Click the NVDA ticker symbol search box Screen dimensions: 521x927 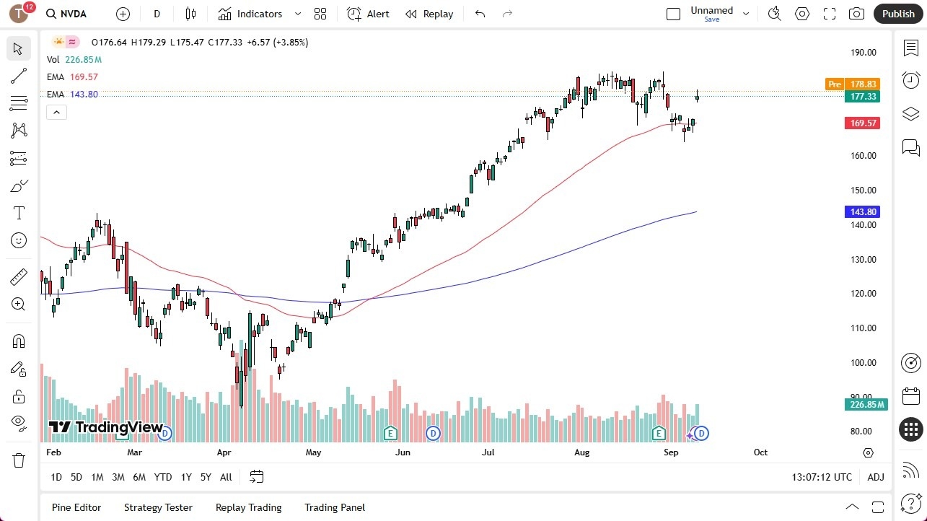(x=73, y=14)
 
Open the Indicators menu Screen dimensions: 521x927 (x=250, y=14)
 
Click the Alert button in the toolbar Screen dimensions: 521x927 (x=368, y=14)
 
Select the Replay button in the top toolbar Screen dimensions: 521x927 (x=429, y=14)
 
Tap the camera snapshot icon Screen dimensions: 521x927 (x=856, y=14)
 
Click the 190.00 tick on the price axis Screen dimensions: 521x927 (x=863, y=53)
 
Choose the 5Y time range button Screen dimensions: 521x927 (x=206, y=477)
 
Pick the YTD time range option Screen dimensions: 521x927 (x=163, y=477)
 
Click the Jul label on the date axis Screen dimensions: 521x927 (x=488, y=452)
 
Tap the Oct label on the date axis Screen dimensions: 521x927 (x=760, y=452)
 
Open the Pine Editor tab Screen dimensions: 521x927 (x=76, y=507)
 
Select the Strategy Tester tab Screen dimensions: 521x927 (x=158, y=507)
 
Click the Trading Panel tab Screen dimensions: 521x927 (x=335, y=507)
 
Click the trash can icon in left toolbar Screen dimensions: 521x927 (x=18, y=460)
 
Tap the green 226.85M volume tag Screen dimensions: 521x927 (x=866, y=405)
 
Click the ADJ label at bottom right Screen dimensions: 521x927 (x=876, y=477)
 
